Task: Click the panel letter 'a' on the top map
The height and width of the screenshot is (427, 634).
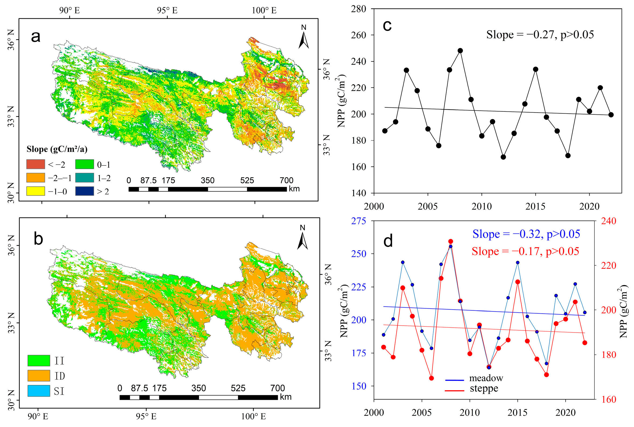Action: click(x=36, y=37)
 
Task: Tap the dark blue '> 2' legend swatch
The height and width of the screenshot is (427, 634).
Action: click(x=84, y=191)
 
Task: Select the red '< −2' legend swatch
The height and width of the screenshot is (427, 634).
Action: click(x=36, y=164)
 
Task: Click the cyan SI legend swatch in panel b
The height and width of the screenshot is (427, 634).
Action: click(x=39, y=391)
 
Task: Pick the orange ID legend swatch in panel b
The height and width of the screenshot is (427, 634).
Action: click(x=39, y=376)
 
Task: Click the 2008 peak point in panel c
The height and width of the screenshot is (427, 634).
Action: click(x=460, y=51)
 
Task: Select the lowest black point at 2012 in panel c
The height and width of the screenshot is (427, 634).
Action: click(x=503, y=157)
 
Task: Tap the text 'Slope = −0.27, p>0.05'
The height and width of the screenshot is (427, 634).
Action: click(x=540, y=35)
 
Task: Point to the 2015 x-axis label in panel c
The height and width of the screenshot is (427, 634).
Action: click(x=535, y=206)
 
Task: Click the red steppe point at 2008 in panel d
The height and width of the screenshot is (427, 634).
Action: click(x=451, y=241)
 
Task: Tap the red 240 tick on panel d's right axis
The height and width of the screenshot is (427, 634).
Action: click(x=608, y=220)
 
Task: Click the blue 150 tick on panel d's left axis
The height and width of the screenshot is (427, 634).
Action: click(x=359, y=386)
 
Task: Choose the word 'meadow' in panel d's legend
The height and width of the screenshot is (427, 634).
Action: click(x=486, y=378)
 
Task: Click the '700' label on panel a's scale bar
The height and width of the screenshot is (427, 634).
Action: click(x=286, y=180)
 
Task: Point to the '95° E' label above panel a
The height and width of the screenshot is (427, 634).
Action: click(x=167, y=10)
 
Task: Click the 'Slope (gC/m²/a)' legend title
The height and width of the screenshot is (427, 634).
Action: click(x=57, y=149)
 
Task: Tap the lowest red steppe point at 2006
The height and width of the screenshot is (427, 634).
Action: click(x=431, y=378)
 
